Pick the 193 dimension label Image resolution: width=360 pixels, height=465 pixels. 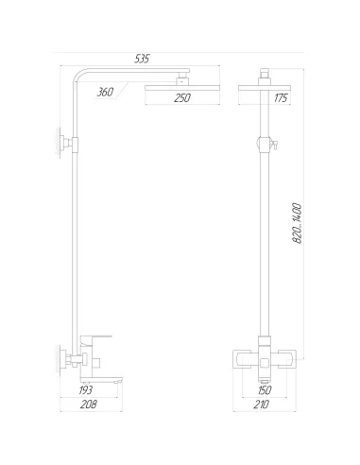84,388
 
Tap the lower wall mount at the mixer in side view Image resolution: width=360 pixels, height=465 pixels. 67,358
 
